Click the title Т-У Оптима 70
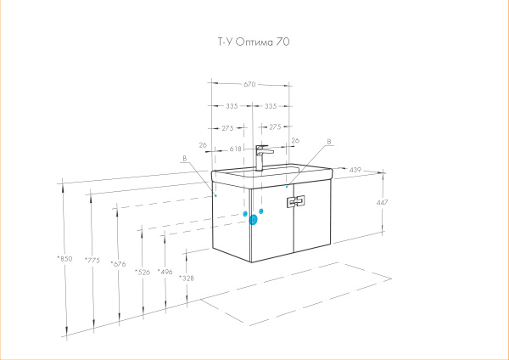[x=254, y=42]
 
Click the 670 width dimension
[x=249, y=84]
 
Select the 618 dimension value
[x=236, y=149]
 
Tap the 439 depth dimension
[x=355, y=170]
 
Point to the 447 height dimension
[x=382, y=202]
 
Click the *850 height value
[x=64, y=259]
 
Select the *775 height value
[x=92, y=261]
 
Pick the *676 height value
[x=118, y=264]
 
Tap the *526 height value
[x=143, y=273]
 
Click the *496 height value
[x=165, y=272]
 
